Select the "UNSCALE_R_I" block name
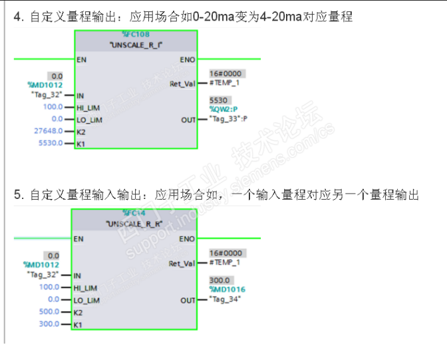pyautogui.click(x=136, y=45)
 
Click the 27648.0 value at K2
pyautogui.click(x=48, y=131)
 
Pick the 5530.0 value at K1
pyautogui.click(x=51, y=143)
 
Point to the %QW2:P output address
pyautogui.click(x=224, y=109)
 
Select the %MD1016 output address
pyautogui.click(x=227, y=289)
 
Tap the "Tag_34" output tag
pyautogui.click(x=225, y=299)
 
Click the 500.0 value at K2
pyautogui.click(x=49, y=311)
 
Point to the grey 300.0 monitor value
pyautogui.click(x=220, y=280)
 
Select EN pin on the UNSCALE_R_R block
pyautogui.click(x=79, y=239)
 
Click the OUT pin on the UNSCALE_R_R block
pyautogui.click(x=188, y=300)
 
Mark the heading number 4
pyautogui.click(x=18, y=15)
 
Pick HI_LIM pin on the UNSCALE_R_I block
pyautogui.click(x=89, y=107)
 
